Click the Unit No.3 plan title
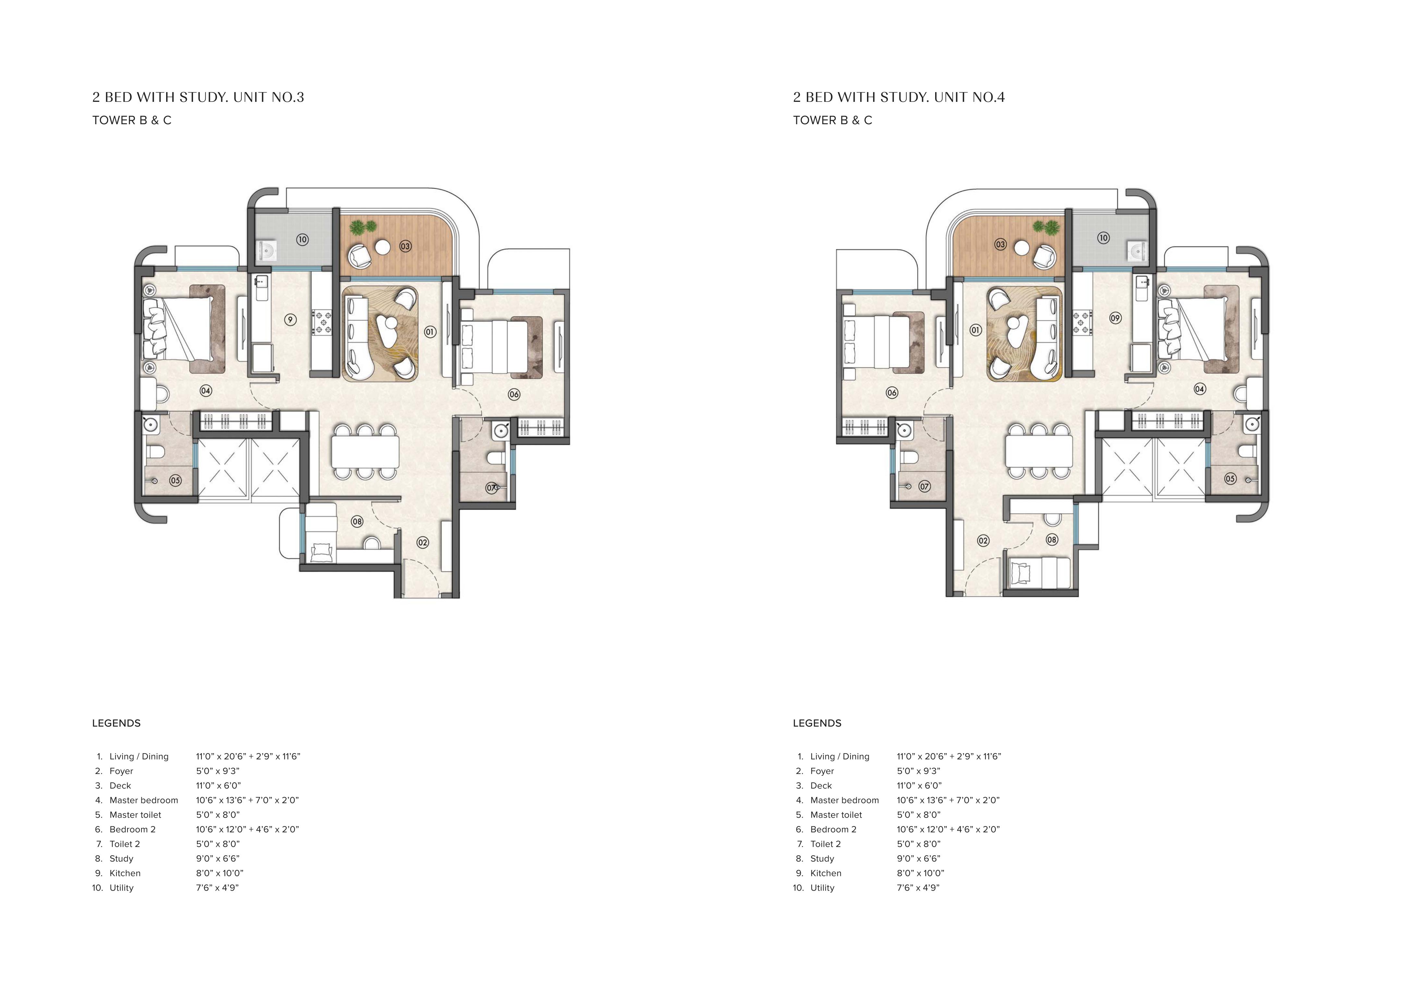(x=198, y=97)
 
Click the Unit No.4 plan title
(x=899, y=97)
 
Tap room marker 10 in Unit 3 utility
(x=302, y=240)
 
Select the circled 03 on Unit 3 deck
(x=405, y=246)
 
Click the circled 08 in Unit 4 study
(x=1052, y=540)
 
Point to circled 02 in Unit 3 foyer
(x=422, y=542)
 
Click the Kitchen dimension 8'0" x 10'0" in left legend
(x=220, y=873)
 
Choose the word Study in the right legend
(x=823, y=859)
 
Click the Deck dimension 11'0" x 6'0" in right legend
(x=919, y=786)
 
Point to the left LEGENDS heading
(x=116, y=723)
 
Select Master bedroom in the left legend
(x=144, y=800)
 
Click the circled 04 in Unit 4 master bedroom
(x=1200, y=389)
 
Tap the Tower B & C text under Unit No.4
(x=833, y=120)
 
